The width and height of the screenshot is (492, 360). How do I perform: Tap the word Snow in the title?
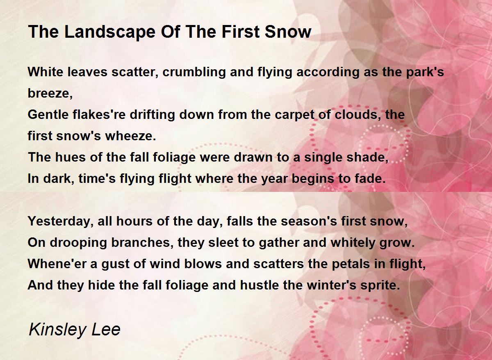click(x=288, y=32)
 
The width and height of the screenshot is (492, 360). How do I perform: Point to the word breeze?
click(x=50, y=93)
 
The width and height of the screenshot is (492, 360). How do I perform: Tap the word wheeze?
click(x=130, y=136)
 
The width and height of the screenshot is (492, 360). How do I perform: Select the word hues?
click(x=70, y=157)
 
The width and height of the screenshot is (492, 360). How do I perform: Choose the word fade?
click(x=370, y=179)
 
